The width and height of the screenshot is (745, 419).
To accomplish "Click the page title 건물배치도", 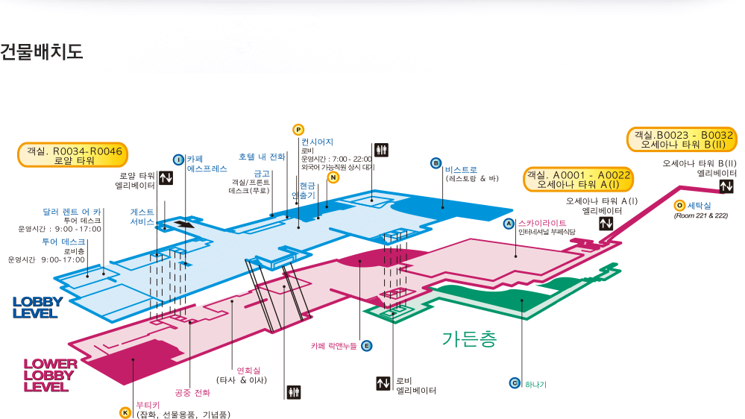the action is tap(42, 52).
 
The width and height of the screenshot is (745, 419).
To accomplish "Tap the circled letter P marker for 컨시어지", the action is tap(298, 129).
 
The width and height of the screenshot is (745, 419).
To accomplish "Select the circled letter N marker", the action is tap(333, 177).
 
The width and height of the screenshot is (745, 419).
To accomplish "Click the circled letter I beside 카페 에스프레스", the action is tap(178, 159).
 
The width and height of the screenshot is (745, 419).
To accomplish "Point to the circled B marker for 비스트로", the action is tap(436, 163).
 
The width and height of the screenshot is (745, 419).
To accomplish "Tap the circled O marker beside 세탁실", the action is tap(679, 205).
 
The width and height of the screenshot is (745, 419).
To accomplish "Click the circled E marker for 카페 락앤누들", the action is tap(366, 345).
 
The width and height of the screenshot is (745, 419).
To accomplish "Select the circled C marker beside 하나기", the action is tap(514, 383).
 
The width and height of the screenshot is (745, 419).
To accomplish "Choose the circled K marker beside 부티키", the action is tap(125, 412).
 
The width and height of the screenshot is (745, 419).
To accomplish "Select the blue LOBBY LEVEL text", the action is tap(37, 307).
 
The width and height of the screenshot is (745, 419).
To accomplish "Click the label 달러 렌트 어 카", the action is tap(72, 212).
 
